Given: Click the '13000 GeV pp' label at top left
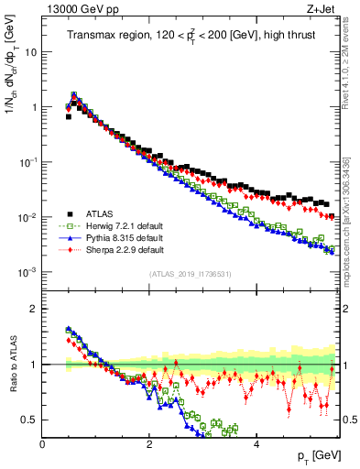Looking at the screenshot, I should (x=76, y=10).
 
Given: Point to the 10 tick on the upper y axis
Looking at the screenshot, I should (x=30, y=52).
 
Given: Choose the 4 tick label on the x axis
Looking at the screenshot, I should (x=256, y=444).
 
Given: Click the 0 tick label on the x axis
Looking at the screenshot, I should (x=43, y=444).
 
